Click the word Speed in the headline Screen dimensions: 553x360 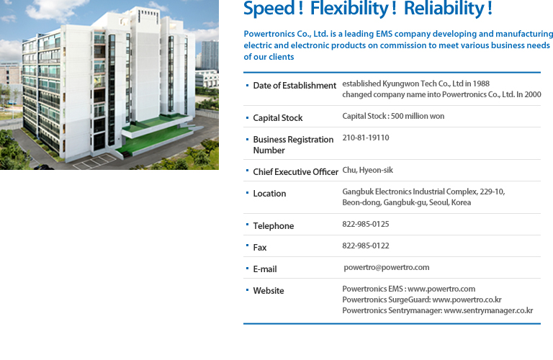pyautogui.click(x=269, y=9)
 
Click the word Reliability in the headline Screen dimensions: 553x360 pyautogui.click(x=444, y=9)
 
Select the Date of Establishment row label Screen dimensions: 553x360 pyautogui.click(x=295, y=86)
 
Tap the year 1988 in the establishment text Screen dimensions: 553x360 pyautogui.click(x=481, y=84)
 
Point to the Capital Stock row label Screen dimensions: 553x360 pyautogui.click(x=278, y=118)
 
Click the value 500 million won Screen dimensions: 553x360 pyautogui.click(x=418, y=116)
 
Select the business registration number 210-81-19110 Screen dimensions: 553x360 pyautogui.click(x=366, y=138)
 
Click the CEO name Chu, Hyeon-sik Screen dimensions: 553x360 pyautogui.click(x=367, y=170)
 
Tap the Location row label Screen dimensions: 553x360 pyautogui.click(x=269, y=194)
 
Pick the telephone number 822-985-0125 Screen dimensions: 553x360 pyautogui.click(x=366, y=224)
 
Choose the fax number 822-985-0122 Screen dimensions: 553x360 pyautogui.click(x=366, y=246)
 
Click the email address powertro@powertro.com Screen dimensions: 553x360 pyautogui.click(x=387, y=267)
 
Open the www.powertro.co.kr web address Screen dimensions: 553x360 pyautogui.click(x=467, y=300)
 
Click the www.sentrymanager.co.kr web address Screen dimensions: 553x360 pyautogui.click(x=488, y=310)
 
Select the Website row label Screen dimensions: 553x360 pyautogui.click(x=269, y=291)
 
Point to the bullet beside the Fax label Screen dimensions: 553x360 pyautogui.click(x=247, y=245)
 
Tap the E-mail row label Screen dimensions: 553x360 pyautogui.click(x=265, y=269)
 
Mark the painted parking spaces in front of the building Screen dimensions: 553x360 pyautogui.click(x=94, y=161)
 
